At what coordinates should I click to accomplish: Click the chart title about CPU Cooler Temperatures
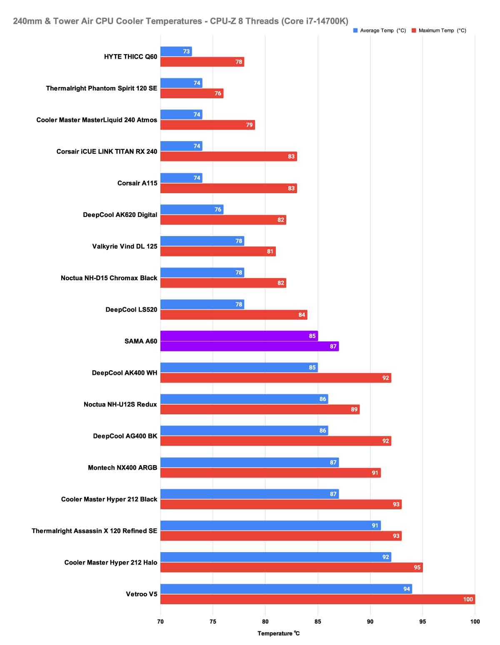(180, 21)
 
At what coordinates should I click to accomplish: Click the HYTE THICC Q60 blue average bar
(176, 52)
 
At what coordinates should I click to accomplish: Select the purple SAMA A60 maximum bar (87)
(249, 346)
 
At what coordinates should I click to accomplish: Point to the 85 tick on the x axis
(317, 622)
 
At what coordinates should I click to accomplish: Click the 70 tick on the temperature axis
(160, 622)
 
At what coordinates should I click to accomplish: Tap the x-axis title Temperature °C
(278, 633)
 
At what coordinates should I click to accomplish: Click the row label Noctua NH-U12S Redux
(120, 404)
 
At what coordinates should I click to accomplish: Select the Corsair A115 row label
(137, 183)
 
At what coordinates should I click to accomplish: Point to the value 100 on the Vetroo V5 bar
(468, 599)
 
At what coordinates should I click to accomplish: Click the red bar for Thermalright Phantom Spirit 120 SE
(192, 93)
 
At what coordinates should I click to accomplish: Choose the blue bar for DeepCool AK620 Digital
(192, 209)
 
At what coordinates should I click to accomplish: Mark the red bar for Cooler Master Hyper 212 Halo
(291, 568)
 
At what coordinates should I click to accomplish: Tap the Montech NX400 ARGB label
(122, 468)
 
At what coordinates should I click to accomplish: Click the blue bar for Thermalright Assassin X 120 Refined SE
(270, 525)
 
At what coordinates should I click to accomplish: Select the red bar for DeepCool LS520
(233, 315)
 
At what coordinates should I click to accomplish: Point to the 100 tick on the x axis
(475, 622)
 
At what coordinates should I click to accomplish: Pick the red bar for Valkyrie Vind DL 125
(217, 252)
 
